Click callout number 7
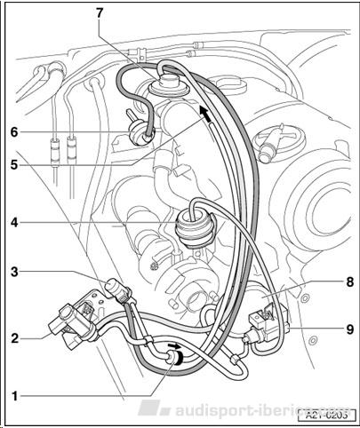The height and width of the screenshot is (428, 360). pos(100,12)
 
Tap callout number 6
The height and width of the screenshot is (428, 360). pos(14,132)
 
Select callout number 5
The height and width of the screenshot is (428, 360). pos(14,164)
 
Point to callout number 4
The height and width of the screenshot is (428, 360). pos(14,222)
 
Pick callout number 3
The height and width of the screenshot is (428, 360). pos(14,272)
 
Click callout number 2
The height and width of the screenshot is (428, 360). pos(14,338)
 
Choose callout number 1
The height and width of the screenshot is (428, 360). pos(15,396)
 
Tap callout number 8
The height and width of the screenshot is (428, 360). pos(350,281)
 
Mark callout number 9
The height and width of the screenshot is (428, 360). pos(350,329)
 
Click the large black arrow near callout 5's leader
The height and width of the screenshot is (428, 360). pos(205,115)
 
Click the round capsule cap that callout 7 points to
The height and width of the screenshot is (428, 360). pos(167,83)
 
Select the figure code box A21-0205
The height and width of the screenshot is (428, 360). pos(326,415)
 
